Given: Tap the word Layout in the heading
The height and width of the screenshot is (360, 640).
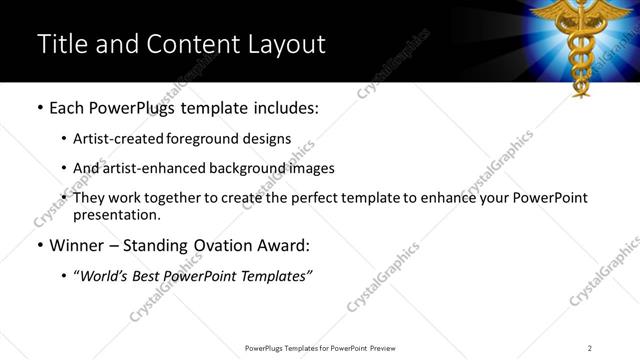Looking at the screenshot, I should click(284, 44).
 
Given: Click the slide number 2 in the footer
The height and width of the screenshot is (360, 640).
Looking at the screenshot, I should click(590, 348).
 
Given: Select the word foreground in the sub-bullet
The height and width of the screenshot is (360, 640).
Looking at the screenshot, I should click(214, 139).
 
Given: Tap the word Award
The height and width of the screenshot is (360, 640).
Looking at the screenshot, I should click(284, 245).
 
